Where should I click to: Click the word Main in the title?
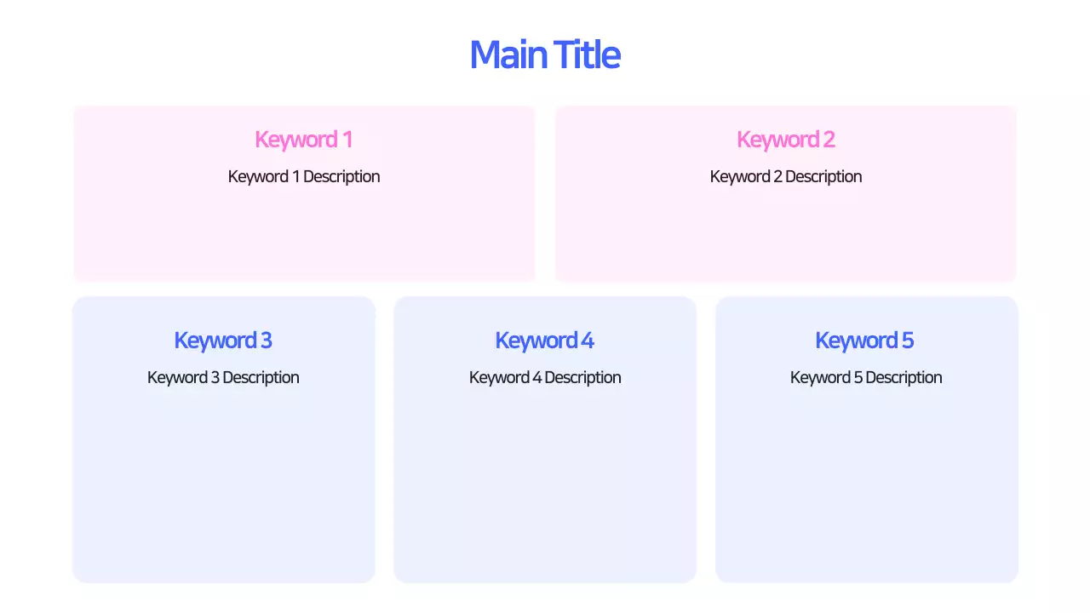508,54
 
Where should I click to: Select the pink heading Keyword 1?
303,140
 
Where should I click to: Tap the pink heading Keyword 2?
785,140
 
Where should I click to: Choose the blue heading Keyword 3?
223,341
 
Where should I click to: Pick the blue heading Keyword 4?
544,341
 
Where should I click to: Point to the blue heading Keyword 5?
864,341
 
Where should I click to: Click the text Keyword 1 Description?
304,176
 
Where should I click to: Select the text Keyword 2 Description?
786,176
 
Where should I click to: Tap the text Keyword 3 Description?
223,377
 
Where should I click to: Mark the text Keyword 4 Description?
545,377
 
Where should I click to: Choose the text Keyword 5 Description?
866,377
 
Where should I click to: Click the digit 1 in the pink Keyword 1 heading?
347,140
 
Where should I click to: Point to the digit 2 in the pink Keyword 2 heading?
829,140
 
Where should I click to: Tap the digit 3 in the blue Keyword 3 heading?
266,341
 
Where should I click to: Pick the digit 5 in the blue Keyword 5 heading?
908,341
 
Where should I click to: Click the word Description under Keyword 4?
582,377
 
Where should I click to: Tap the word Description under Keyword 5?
904,377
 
